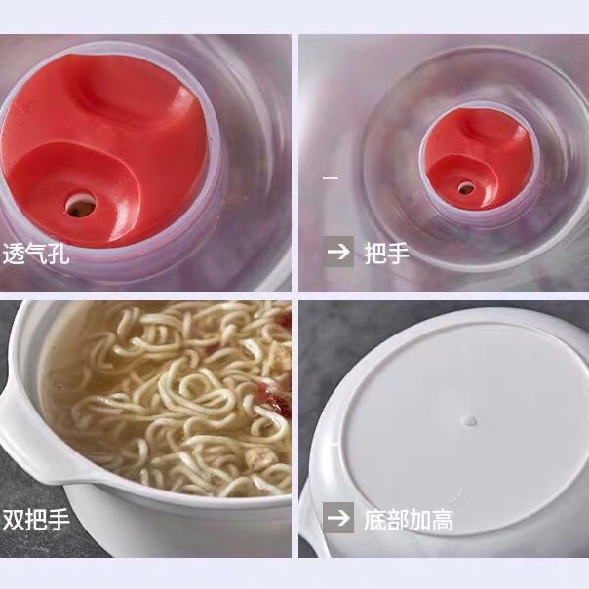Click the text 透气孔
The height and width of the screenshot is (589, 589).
(36, 254)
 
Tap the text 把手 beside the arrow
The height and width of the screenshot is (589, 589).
(387, 253)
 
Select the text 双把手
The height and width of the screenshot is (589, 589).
(36, 520)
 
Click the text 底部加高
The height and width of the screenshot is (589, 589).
(409, 520)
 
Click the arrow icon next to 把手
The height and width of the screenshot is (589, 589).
(338, 252)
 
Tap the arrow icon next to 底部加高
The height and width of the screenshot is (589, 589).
(338, 518)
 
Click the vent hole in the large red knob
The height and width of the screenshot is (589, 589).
(80, 205)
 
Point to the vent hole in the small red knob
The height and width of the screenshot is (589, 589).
(466, 188)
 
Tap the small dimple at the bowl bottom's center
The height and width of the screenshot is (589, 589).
(469, 421)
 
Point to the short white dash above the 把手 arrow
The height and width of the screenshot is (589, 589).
(331, 177)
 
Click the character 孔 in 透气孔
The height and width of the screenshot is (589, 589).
(59, 254)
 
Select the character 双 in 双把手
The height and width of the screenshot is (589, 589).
(14, 520)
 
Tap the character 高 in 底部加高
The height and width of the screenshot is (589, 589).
(442, 520)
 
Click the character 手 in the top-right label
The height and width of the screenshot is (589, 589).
(399, 253)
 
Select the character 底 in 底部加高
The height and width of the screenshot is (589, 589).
(375, 520)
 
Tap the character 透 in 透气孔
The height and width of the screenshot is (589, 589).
(14, 254)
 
